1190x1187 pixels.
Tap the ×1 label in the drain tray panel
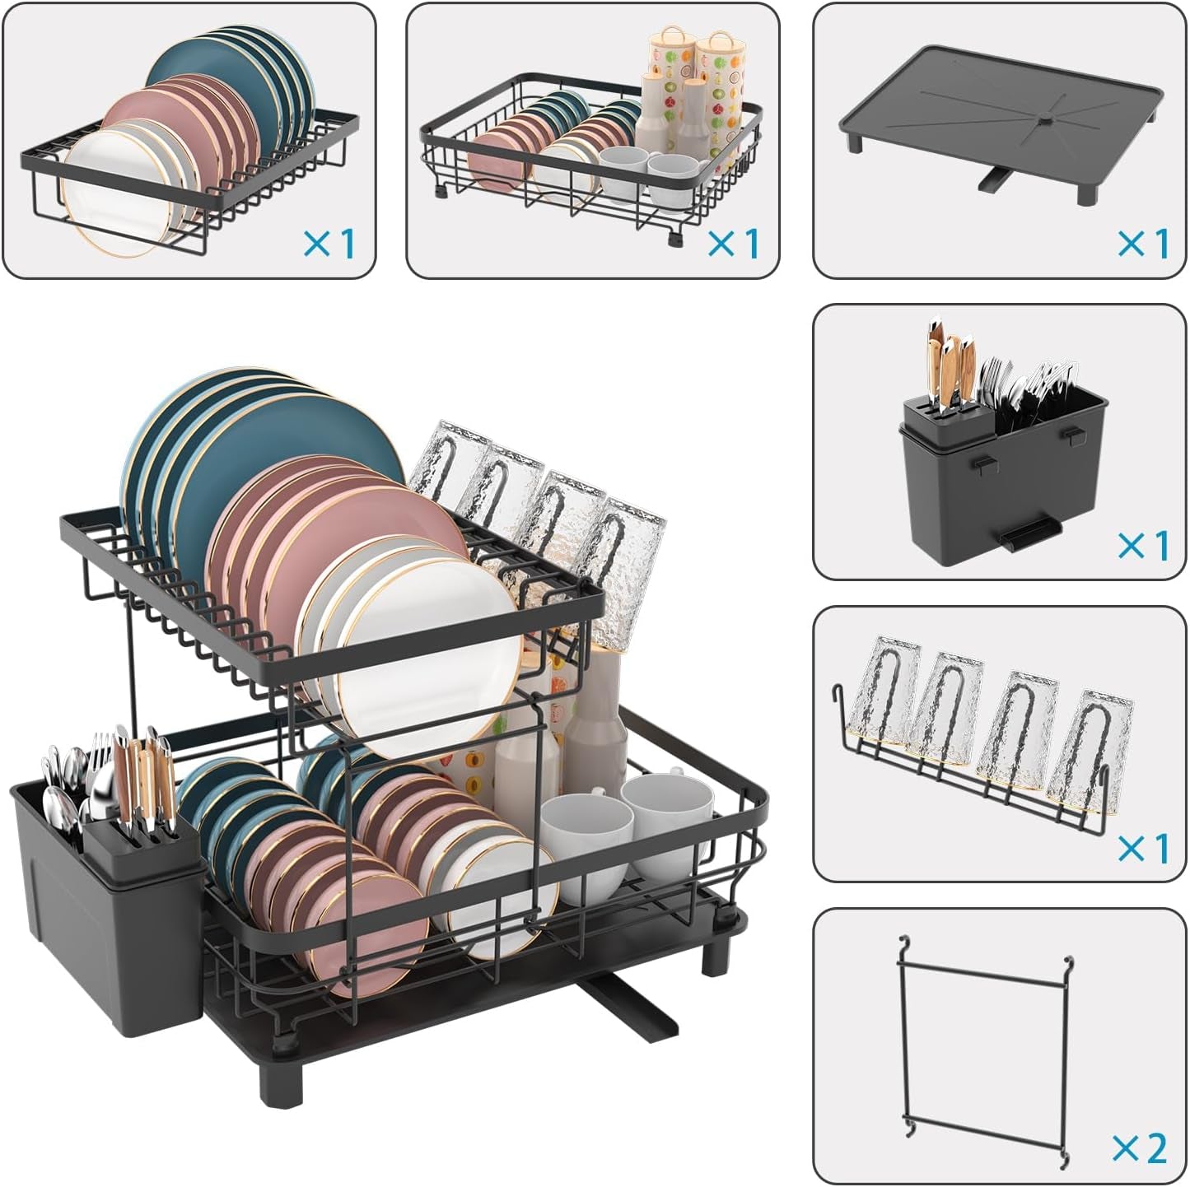pos(1143,244)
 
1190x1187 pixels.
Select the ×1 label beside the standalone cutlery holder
pos(1143,546)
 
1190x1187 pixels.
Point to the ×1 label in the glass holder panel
pos(1143,849)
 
